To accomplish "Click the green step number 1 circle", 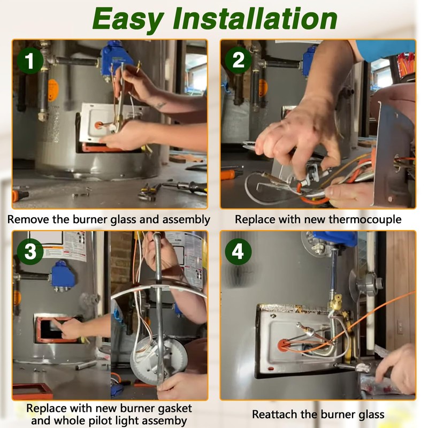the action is (30, 60).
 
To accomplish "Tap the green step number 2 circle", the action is (238, 60).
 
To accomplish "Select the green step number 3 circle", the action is (30, 251).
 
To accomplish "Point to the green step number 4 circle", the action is (238, 251).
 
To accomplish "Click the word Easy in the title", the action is (128, 20).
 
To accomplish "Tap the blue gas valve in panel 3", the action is (63, 276).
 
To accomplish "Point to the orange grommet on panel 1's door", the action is (98, 125).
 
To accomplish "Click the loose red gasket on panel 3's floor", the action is (33, 391).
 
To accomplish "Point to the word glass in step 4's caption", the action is (369, 415).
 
